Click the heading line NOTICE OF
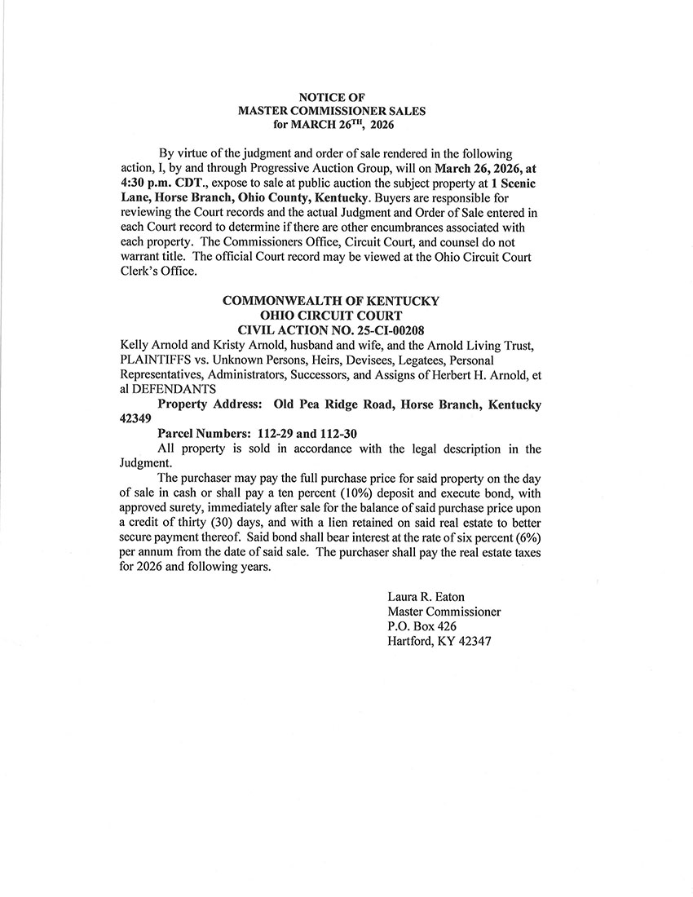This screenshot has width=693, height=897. tap(331, 97)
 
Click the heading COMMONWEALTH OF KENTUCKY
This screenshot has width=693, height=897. tap(331, 301)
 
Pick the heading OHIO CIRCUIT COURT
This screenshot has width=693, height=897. tap(331, 315)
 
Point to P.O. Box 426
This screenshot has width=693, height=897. tap(422, 626)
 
